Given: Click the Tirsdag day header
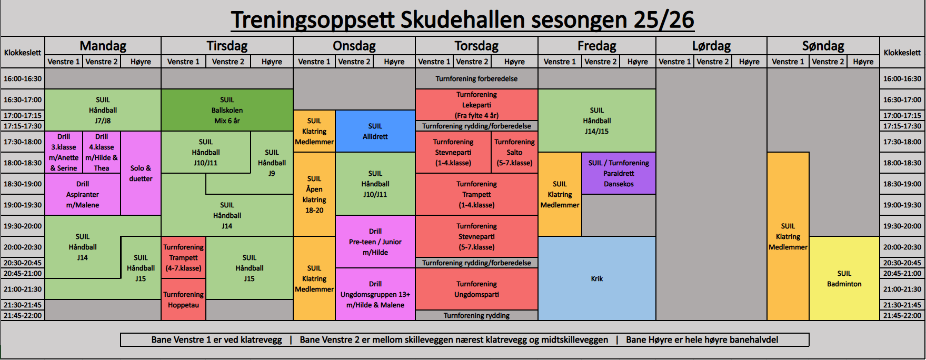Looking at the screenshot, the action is (x=227, y=46).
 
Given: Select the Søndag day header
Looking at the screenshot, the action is (x=823, y=46).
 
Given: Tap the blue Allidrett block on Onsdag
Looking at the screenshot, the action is (x=375, y=131).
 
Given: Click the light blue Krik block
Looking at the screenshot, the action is (x=597, y=278).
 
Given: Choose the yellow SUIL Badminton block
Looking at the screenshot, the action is (x=844, y=278).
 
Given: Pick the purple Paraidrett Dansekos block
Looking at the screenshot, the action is (x=619, y=173).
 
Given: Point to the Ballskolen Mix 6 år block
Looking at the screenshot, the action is (x=227, y=110).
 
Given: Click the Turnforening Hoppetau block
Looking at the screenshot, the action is (x=183, y=299).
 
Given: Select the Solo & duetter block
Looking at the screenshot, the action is (x=141, y=173).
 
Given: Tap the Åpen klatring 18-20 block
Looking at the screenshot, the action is (x=314, y=194).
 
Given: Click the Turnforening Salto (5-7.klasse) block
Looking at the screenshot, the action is (x=514, y=152).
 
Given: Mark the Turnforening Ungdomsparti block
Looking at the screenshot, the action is (x=476, y=289).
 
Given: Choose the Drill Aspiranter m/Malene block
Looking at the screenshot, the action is (x=83, y=194).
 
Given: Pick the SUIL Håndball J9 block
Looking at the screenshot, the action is (x=272, y=163).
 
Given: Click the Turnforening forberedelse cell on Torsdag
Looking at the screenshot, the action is (x=476, y=78).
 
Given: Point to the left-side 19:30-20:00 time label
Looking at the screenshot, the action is (x=23, y=226).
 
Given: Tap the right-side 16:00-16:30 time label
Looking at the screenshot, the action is (x=902, y=78).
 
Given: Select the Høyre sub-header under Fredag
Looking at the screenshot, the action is (x=638, y=62).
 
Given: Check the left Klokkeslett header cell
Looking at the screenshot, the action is (x=23, y=52).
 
